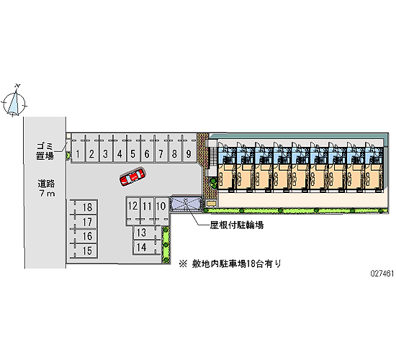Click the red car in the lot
coord(132,176)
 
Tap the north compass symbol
coord(14,101)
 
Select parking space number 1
coord(78,149)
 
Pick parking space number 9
coord(189,149)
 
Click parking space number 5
coord(133,149)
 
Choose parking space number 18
coord(84,207)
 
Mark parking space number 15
coord(84,251)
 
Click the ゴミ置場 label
coord(45,151)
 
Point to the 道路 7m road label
coord(47,188)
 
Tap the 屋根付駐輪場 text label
coord(237,225)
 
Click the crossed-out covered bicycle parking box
coord(186,203)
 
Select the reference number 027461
coord(382,274)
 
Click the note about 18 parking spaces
coord(230,264)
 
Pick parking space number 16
coord(84,236)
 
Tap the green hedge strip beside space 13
coord(166,245)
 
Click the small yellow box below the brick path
coord(211,203)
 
